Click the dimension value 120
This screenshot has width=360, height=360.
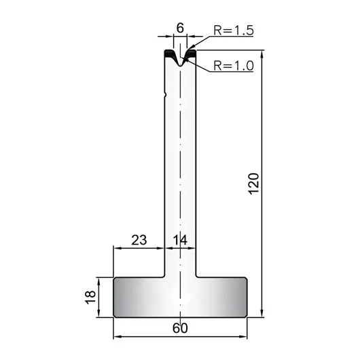click(254, 183)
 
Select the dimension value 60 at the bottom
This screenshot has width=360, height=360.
click(180, 328)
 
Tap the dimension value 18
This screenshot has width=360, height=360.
click(90, 298)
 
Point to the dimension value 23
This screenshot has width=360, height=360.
click(139, 240)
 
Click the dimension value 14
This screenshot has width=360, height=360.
click(180, 240)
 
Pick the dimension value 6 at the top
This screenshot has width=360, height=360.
click(180, 28)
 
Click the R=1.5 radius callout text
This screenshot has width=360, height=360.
click(234, 31)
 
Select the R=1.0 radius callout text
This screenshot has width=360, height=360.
click(234, 66)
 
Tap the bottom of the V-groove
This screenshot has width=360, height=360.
click(181, 66)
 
